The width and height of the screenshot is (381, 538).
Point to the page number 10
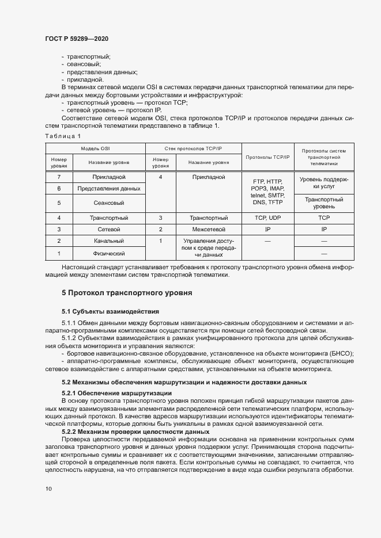pos(48,489)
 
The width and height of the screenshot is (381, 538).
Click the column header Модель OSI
pos(95,148)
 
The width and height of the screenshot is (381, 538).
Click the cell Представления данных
pos(109,189)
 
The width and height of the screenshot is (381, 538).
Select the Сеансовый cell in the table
pos(109,203)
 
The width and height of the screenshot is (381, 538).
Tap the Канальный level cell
pos(109,241)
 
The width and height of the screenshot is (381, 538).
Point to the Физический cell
pos(109,253)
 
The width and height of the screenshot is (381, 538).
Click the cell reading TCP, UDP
pos(267,218)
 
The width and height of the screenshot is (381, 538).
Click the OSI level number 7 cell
pos(59,177)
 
